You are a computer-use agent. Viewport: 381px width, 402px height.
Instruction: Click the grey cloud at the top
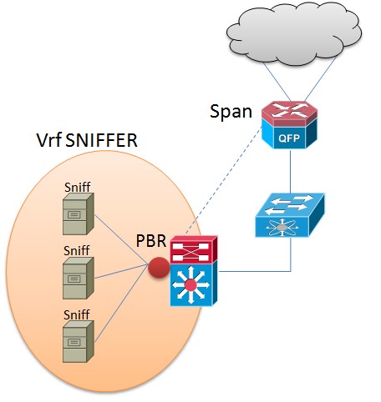click(x=294, y=33)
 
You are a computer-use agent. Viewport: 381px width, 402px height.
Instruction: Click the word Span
click(x=231, y=112)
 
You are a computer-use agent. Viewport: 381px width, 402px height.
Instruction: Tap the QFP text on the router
click(x=289, y=138)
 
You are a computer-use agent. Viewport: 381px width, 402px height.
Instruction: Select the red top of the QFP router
click(x=290, y=113)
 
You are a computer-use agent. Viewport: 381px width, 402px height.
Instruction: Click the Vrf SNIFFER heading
click(x=87, y=140)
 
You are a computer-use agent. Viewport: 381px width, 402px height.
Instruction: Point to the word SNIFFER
click(x=102, y=140)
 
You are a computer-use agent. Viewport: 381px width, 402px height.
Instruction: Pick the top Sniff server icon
click(x=79, y=214)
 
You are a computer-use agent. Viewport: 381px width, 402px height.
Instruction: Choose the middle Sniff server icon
click(x=79, y=278)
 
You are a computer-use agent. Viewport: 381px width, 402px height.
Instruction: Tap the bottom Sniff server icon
click(x=79, y=341)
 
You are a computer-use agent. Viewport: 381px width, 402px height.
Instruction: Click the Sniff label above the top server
click(x=78, y=187)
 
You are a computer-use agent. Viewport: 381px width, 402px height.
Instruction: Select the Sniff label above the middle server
click(x=77, y=250)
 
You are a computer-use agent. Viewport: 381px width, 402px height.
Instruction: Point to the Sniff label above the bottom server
click(x=77, y=314)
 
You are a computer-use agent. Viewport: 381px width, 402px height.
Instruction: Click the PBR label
click(x=151, y=240)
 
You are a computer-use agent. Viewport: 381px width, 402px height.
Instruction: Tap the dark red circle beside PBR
click(x=159, y=268)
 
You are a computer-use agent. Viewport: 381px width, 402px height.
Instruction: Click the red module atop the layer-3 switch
click(x=194, y=249)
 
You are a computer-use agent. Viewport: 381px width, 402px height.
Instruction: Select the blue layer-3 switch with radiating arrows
click(x=194, y=284)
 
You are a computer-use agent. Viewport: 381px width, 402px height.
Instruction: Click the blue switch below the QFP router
click(x=290, y=215)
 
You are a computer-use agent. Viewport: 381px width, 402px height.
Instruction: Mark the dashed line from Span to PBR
click(x=223, y=180)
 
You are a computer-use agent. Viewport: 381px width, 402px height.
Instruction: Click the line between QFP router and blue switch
click(x=290, y=171)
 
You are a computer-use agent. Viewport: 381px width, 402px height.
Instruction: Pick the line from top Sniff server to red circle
click(x=121, y=239)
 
